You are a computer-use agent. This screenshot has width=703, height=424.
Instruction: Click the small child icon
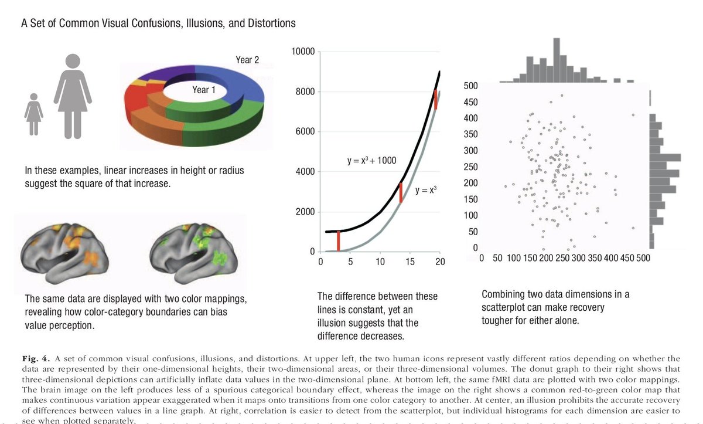[33, 114]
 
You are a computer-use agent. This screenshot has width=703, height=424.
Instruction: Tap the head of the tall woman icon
[73, 60]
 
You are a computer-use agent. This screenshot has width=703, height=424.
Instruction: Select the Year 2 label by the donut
[247, 60]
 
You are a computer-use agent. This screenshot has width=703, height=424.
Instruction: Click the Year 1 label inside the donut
[204, 90]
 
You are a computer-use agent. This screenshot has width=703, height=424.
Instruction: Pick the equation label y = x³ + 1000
[371, 161]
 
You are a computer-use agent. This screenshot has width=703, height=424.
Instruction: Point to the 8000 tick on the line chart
[305, 91]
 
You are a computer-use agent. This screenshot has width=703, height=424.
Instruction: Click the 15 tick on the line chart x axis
[410, 262]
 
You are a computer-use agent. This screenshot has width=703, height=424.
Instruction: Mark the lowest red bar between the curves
[339, 241]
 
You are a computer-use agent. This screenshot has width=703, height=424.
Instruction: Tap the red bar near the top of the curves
[436, 100]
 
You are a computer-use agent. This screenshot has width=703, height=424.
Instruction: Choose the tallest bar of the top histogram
[557, 60]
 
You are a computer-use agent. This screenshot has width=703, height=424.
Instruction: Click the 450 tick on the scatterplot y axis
[470, 102]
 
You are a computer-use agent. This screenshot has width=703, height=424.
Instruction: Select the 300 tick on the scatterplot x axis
[578, 258]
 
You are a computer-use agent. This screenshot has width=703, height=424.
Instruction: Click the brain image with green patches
[193, 253]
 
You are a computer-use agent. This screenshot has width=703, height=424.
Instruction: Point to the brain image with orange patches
[64, 253]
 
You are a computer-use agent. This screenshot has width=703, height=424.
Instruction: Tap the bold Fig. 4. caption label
[36, 359]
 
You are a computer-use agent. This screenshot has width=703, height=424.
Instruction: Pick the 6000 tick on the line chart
[305, 131]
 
